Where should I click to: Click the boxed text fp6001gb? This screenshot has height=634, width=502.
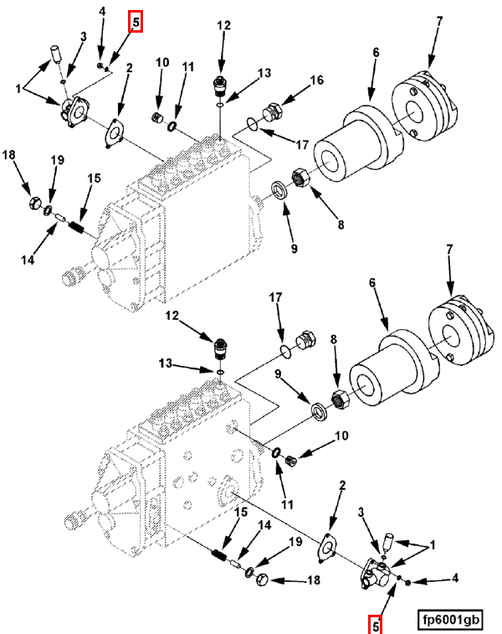450,619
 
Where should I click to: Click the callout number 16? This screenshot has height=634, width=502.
316,80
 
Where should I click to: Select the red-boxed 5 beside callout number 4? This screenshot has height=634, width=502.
136,22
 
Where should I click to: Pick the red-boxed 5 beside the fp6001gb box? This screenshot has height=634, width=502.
375,625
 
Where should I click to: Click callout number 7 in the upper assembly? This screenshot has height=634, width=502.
439,21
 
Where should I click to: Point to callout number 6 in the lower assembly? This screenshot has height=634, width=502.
372,282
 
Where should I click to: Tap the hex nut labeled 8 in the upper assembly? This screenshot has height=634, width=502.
300,178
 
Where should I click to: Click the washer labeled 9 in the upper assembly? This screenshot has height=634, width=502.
279,190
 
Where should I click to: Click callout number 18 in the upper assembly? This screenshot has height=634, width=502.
9,154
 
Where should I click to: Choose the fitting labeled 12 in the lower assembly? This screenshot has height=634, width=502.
221,348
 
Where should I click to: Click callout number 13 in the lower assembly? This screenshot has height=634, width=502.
166,363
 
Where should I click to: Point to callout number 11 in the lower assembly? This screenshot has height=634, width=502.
287,504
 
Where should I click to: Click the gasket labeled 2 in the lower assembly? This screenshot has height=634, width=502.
327,548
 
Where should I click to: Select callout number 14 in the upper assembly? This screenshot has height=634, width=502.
28,260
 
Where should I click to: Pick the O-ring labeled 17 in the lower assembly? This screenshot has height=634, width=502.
286,352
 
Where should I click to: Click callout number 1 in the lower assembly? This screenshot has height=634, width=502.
433,545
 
